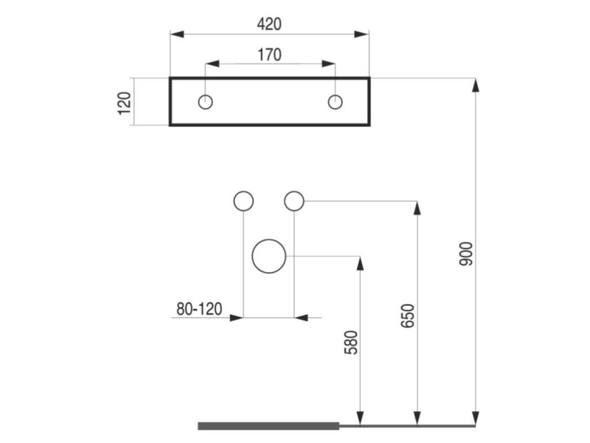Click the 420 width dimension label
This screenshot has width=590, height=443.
pyautogui.click(x=269, y=24)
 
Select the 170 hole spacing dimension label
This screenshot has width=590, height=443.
pyautogui.click(x=269, y=55)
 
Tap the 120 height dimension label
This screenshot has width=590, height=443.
pyautogui.click(x=125, y=102)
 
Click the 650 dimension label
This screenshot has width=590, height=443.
pyautogui.click(x=407, y=316)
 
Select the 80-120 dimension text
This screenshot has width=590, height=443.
pyautogui.click(x=199, y=309)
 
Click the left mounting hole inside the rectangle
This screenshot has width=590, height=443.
pyautogui.click(x=206, y=102)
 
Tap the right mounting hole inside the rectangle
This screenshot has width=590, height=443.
pyautogui.click(x=335, y=102)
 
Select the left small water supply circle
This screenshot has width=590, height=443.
pyautogui.click(x=244, y=201)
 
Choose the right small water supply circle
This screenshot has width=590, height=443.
pyautogui.click(x=294, y=201)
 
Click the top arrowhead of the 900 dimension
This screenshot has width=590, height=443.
pyautogui.click(x=475, y=85)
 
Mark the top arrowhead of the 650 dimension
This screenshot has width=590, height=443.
pyautogui.click(x=417, y=208)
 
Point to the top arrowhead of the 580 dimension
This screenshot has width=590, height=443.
pyautogui.click(x=360, y=264)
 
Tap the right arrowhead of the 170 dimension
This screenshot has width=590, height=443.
pyautogui.click(x=328, y=64)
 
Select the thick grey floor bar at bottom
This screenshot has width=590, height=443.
pyautogui.click(x=269, y=426)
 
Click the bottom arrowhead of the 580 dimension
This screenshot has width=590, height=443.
pyautogui.click(x=360, y=418)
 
